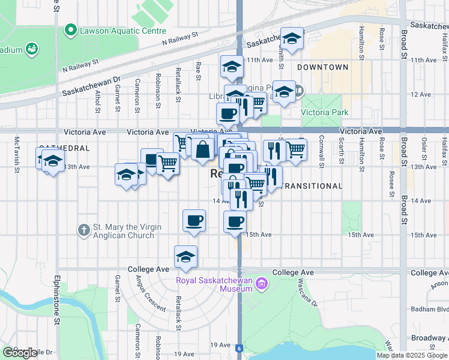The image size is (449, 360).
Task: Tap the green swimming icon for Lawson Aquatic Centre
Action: click(x=71, y=29)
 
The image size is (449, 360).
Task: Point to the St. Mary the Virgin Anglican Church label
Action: click(x=123, y=232)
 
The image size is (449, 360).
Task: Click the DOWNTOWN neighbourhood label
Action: click(x=322, y=67)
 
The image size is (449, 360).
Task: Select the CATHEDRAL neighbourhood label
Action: click(x=64, y=148)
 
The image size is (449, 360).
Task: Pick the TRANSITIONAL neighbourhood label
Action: click(x=312, y=186)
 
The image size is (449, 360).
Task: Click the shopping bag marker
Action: click(x=203, y=150)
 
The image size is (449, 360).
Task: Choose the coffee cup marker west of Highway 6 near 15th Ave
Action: click(x=194, y=220)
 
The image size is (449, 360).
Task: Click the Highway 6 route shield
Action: click(x=239, y=347)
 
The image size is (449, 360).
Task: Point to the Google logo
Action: click(x=20, y=353)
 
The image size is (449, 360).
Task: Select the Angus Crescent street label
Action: click(x=151, y=295)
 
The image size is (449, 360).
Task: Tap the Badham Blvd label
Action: click(x=430, y=310)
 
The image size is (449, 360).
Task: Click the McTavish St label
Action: click(x=17, y=151)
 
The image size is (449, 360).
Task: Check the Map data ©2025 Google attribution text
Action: click(x=412, y=355)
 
